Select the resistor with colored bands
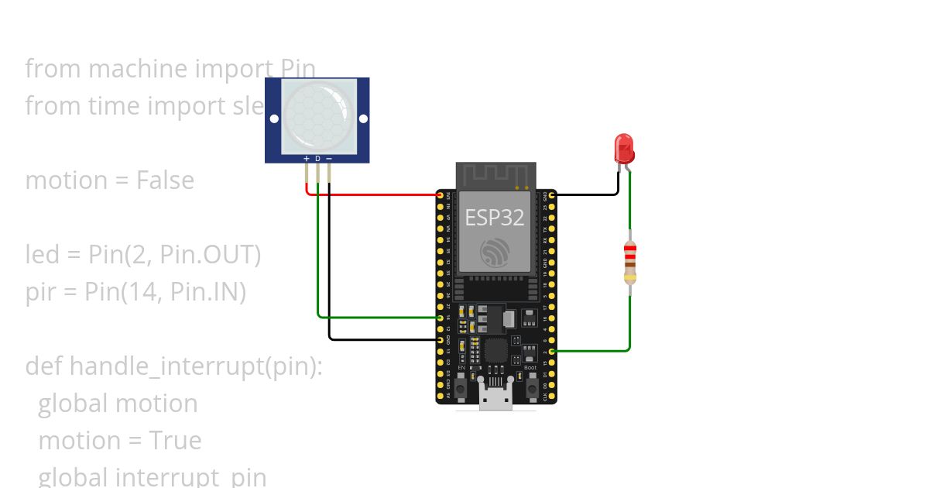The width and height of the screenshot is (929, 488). [x=630, y=263]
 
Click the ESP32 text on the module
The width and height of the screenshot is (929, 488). [x=494, y=218]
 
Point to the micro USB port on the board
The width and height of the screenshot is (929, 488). [x=495, y=397]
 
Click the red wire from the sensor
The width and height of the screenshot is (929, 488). [x=372, y=194]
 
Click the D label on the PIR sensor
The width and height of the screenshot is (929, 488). [x=317, y=159]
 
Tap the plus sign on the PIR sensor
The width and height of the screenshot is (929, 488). [x=307, y=159]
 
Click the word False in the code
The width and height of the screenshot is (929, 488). [x=165, y=180]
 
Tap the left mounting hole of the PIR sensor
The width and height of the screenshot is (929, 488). [x=274, y=119]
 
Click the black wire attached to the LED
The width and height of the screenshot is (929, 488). [x=588, y=194]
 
